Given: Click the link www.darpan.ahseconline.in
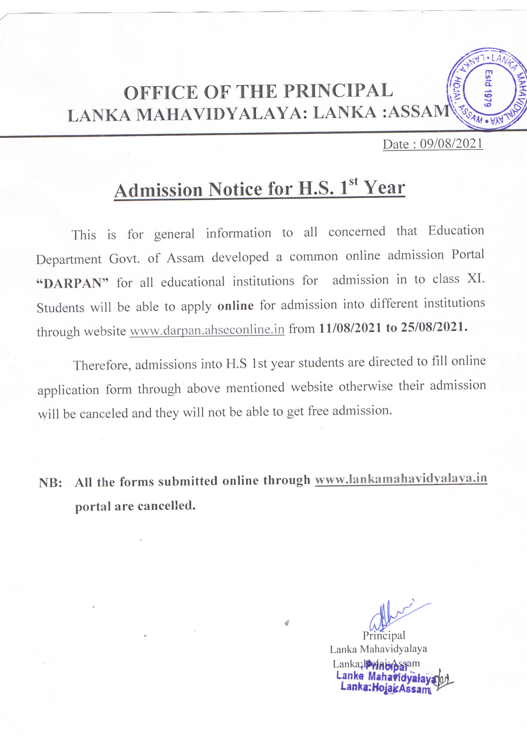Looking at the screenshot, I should (207, 330).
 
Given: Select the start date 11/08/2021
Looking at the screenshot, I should (350, 328).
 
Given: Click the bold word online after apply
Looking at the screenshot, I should (235, 306).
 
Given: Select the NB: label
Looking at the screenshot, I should (50, 483).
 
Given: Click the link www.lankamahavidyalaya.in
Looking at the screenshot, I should (401, 479).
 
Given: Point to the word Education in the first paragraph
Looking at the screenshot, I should (456, 230).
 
